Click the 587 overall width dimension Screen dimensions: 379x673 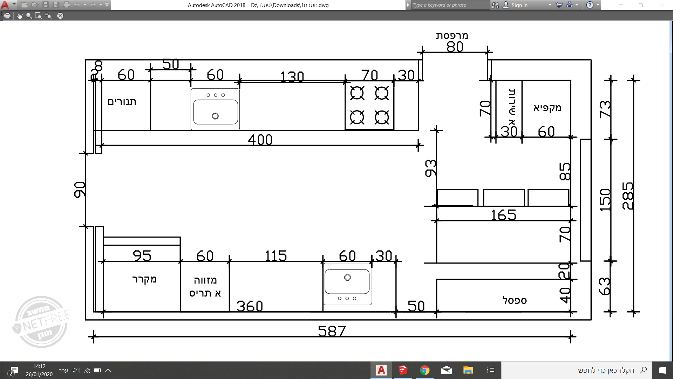332,331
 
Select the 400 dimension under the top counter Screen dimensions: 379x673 260,140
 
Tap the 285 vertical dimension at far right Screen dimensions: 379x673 628,196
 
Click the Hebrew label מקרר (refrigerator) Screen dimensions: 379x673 144,279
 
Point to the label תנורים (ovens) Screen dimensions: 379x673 122,102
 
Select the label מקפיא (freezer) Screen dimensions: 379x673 547,108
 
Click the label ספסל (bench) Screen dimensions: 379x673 514,300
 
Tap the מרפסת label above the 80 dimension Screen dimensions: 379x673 452,35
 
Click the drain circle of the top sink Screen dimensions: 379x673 215,116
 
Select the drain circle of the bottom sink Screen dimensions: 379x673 347,278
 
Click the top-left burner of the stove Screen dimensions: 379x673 357,93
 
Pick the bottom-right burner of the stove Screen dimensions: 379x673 382,117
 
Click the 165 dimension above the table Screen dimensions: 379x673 503,215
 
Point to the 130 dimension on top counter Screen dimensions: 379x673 292,77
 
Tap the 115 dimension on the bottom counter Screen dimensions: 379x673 276,255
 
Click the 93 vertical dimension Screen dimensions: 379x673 431,168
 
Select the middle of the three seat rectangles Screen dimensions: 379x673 504,198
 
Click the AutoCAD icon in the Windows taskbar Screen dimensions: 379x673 381,370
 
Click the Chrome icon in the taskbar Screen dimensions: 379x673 424,370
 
